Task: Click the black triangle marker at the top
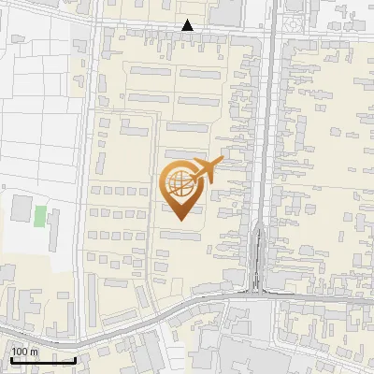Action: click(188, 25)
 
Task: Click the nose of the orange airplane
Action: click(221, 162)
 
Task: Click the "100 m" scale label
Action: click(24, 352)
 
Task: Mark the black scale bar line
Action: click(43, 359)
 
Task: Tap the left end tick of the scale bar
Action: click(11, 357)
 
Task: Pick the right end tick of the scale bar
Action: click(75, 357)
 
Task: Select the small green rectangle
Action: click(40, 216)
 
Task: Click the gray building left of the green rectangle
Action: click(21, 209)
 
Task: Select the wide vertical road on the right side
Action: click(270, 140)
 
